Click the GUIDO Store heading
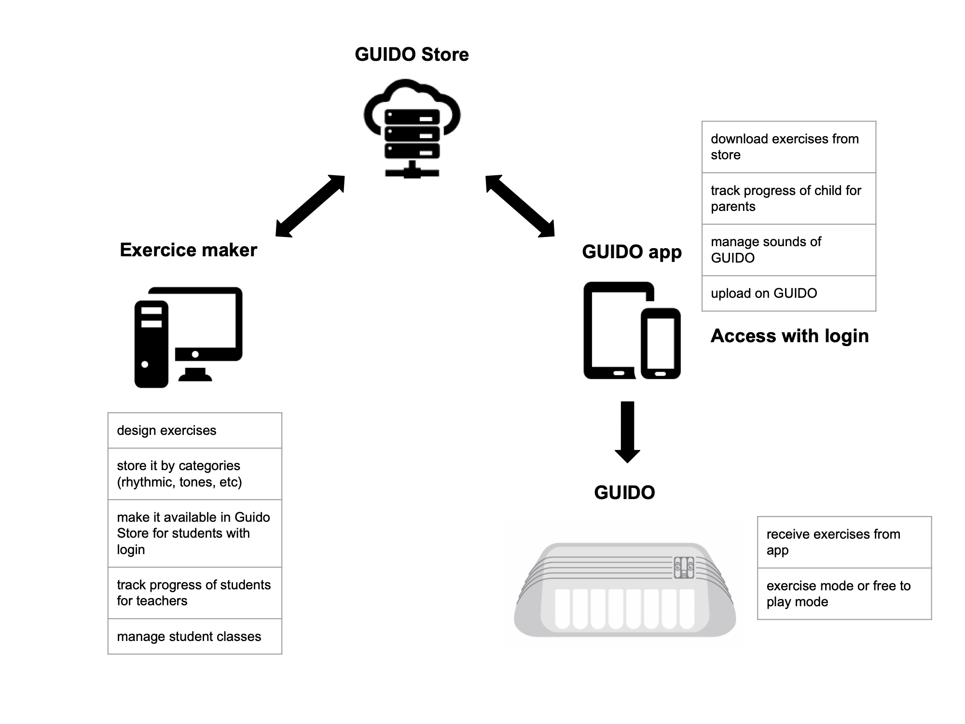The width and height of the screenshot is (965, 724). pos(412,55)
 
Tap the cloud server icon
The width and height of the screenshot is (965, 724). pos(412,128)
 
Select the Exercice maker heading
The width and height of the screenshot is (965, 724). pos(188,250)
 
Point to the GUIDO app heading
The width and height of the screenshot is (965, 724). pos(632,252)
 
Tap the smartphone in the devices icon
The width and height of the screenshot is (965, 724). pos(661,343)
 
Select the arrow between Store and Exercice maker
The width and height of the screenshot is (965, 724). pos(310,206)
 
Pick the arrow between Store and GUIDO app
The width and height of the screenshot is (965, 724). pos(520,206)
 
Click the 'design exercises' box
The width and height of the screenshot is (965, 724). pos(194,431)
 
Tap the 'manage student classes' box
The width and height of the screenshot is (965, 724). pos(194,637)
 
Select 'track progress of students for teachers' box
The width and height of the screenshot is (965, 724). pos(194,593)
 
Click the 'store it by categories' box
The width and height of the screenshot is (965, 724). pos(194,474)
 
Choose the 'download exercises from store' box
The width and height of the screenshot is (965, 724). pos(788,147)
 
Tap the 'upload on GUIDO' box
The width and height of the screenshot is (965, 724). pos(788,293)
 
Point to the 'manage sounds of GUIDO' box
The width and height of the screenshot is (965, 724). pos(788,250)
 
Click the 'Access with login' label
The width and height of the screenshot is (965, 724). pos(789,336)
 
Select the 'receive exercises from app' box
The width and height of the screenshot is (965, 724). pos(844,542)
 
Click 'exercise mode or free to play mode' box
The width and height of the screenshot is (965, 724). pos(844,594)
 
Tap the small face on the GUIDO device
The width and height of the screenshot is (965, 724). pos(684,568)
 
